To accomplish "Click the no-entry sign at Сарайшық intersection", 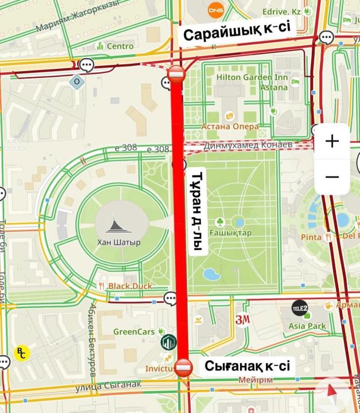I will (x=176, y=73).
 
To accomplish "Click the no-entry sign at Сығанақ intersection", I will (x=184, y=367).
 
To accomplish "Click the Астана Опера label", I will (x=230, y=126).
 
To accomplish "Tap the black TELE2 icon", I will (x=299, y=309).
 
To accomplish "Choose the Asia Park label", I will (x=307, y=326).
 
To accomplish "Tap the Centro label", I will (x=119, y=46).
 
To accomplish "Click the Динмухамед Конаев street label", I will (x=248, y=145).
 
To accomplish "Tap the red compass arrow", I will (x=332, y=392).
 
